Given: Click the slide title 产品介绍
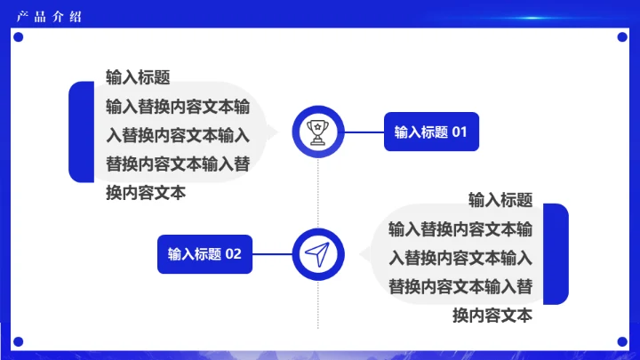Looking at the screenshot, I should coord(49,16).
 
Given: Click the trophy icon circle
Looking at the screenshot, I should coord(318,132).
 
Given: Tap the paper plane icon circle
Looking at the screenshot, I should coord(318,254).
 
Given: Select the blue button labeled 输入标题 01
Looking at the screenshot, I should coord(430,132).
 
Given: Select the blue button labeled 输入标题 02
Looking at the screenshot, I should coord(204,254).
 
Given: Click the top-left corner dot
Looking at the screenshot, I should coord(17,37).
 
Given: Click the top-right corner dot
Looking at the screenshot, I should coord(621,37).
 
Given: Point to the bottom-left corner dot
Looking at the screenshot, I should coord(17,340).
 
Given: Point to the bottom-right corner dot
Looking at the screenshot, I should coord(621,340).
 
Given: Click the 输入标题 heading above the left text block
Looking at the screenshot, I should coord(138,77).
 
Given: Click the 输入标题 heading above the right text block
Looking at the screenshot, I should coord(500,200).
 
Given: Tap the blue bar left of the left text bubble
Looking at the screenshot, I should coord(82,132).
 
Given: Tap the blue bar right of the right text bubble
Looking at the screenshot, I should coord(556,254).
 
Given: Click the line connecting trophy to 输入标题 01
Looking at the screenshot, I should coord(364,132).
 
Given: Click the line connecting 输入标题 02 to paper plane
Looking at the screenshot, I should coord(273,254).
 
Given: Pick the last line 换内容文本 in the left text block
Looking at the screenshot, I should coord(146,193).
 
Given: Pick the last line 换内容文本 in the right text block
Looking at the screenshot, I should coord(492,316).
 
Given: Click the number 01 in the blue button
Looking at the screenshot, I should coord(459,132).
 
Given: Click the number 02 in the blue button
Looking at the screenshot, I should coord(233,254).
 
